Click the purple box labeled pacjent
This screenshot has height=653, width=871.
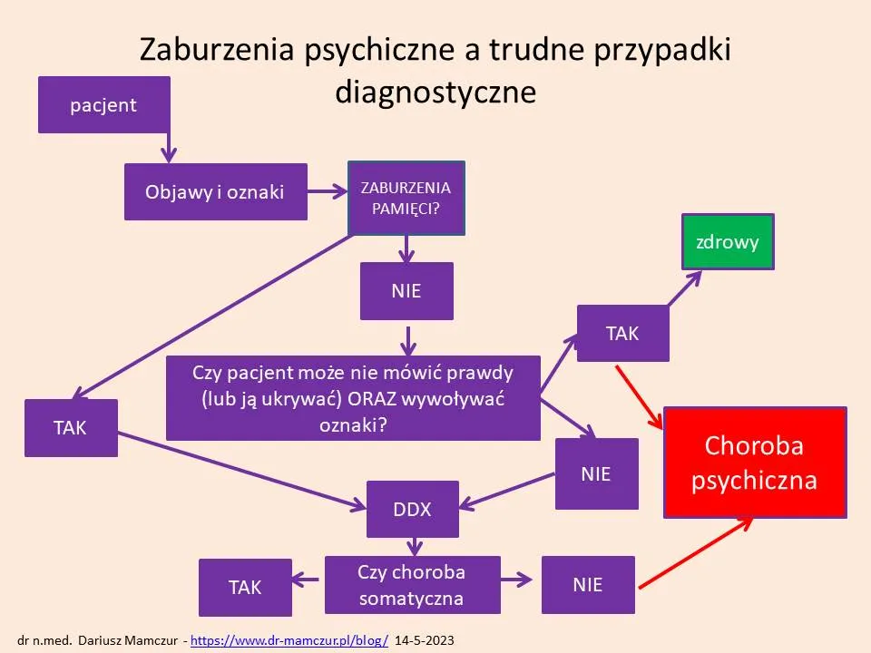coord(103,104)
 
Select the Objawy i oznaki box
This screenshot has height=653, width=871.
coord(215,191)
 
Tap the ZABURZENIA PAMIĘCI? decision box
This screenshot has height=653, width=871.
coord(406,198)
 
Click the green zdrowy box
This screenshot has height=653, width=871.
coord(727,242)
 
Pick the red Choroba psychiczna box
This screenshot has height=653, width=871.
coord(755,463)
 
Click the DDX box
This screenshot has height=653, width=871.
coord(412,509)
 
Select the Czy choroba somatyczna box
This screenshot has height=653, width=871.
coord(412,585)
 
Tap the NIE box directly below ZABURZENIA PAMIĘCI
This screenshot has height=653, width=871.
coord(406,291)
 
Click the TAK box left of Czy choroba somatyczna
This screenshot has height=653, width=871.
coord(245,587)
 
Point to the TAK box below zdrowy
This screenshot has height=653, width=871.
coord(622,333)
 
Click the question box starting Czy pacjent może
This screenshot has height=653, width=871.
coord(353,398)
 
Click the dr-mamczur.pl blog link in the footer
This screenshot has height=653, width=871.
coord(289,640)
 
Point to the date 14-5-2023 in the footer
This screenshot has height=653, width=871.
coord(425,640)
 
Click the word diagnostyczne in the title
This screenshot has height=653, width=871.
coord(435,92)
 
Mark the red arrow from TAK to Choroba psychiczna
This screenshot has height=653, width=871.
coord(640,395)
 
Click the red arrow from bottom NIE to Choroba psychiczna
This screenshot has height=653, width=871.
coord(694,555)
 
